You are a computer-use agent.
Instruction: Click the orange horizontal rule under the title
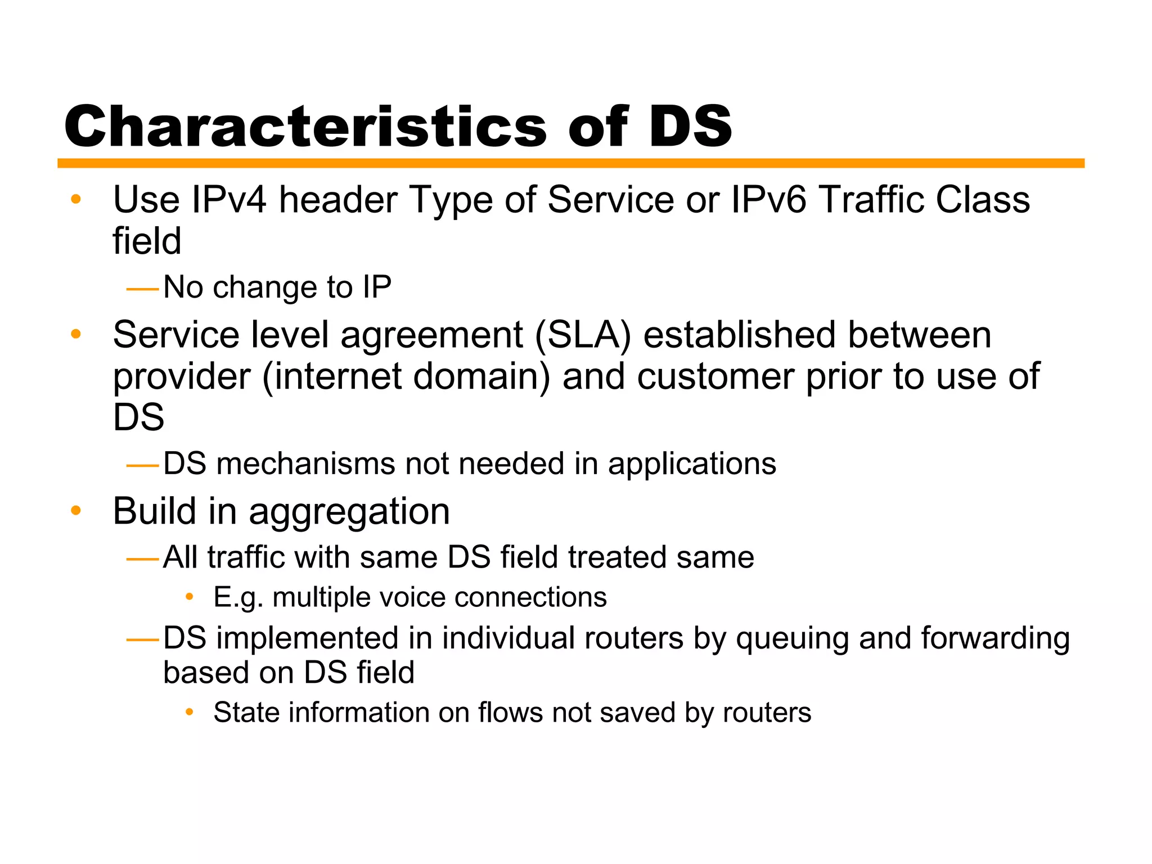click(x=570, y=163)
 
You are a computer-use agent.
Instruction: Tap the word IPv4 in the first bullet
click(x=229, y=200)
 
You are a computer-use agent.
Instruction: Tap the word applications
click(x=691, y=465)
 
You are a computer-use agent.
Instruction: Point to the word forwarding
click(x=995, y=640)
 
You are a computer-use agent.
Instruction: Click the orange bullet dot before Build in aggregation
click(x=76, y=511)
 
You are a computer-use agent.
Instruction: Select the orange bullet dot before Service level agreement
click(x=76, y=335)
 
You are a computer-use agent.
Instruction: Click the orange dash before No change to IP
click(x=143, y=290)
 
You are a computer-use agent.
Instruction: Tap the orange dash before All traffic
click(x=143, y=559)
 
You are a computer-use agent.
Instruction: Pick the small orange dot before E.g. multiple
click(x=190, y=597)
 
